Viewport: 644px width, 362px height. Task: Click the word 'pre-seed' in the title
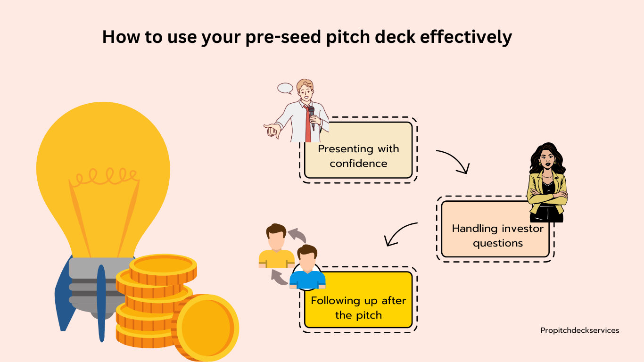click(283, 37)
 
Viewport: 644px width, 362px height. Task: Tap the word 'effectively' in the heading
click(466, 37)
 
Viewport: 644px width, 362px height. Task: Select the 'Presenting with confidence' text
click(358, 156)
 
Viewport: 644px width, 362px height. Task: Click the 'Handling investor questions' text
click(498, 236)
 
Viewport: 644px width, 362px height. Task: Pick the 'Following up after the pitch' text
click(358, 308)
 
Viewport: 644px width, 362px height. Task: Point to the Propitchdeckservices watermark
click(580, 331)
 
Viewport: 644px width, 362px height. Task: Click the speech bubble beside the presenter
click(285, 89)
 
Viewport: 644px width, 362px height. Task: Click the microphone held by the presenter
click(312, 116)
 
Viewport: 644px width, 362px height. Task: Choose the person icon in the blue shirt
click(307, 267)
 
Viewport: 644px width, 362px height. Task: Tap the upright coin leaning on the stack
click(206, 328)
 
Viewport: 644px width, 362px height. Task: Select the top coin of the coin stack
click(163, 269)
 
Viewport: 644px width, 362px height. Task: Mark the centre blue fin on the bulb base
click(101, 303)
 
